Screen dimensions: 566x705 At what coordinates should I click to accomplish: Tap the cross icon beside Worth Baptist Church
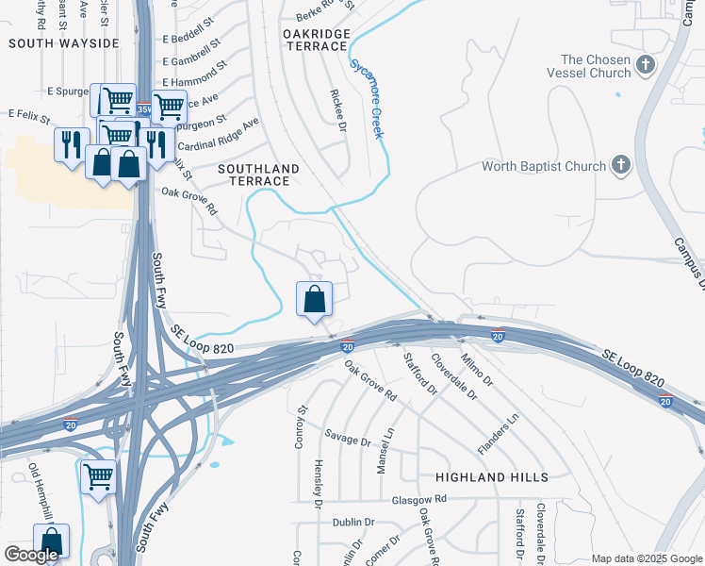coord(620,166)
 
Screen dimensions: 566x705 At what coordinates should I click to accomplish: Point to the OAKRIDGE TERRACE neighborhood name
coord(316,40)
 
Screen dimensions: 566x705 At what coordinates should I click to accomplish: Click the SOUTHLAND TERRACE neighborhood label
coord(258,175)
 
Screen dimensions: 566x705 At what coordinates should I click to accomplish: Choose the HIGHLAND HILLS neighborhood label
coord(491,477)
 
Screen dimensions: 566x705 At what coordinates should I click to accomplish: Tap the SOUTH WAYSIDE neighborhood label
coord(64,43)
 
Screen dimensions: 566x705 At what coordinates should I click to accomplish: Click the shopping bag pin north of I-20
coord(315,300)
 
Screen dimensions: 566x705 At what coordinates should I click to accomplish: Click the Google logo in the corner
coord(31,555)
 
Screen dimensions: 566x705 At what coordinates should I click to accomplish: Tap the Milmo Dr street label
coord(477,369)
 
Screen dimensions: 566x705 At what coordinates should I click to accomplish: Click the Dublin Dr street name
coord(353,522)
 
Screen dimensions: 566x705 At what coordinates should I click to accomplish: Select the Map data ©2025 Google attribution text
coord(647,558)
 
